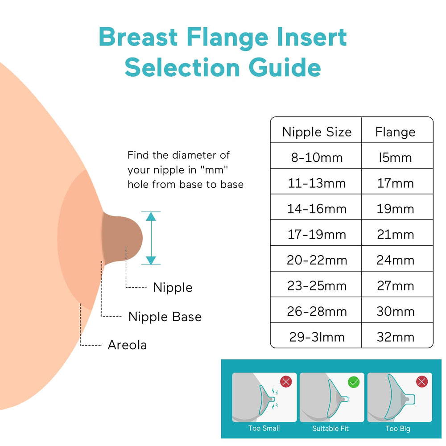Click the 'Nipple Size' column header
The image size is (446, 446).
tap(317, 132)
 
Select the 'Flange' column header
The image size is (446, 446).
tap(395, 132)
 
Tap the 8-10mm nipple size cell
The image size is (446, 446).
tap(317, 157)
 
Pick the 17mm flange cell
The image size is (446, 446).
tap(395, 183)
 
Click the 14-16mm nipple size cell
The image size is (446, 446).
tap(317, 209)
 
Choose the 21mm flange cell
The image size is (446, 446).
tap(395, 235)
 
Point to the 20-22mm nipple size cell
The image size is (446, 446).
tap(317, 260)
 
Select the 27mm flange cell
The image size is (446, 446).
tap(395, 286)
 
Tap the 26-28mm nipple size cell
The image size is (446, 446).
tap(317, 311)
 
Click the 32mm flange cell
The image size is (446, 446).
tap(395, 337)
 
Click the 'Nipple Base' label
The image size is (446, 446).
tap(165, 317)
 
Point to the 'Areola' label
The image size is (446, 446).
tap(127, 345)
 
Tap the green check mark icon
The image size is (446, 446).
tap(353, 382)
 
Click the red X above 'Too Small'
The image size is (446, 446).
tap(285, 382)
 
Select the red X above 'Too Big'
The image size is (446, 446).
tap(421, 382)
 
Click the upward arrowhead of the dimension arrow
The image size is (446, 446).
tap(151, 216)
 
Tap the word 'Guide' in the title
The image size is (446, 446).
tap(284, 68)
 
